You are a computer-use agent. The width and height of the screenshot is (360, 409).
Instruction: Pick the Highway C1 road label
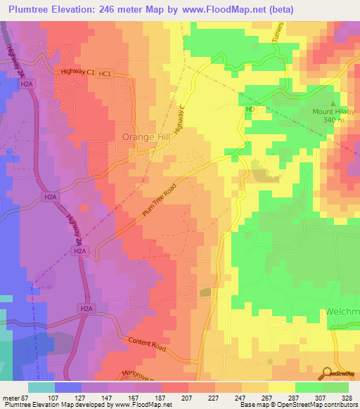[x=77, y=72]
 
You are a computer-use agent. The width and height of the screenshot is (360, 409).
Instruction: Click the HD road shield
[x=250, y=110]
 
